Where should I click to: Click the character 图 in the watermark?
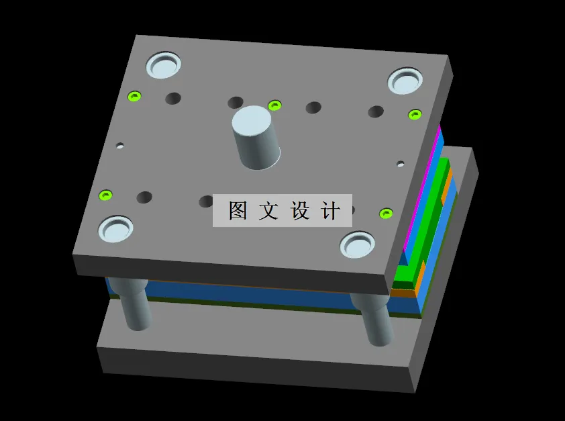coord(238,211)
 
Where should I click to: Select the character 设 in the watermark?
coord(299,211)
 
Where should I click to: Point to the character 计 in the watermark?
coord(329,211)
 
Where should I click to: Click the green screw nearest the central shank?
coord(274,105)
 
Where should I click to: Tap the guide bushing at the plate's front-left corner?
coord(116,229)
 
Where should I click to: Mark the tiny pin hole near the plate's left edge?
coord(120,145)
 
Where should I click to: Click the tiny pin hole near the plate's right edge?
coord(401,163)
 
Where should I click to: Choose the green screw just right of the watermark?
coord(385,214)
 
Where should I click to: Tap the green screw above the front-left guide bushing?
coord(105,195)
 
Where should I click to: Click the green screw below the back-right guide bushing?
coord(415,114)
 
